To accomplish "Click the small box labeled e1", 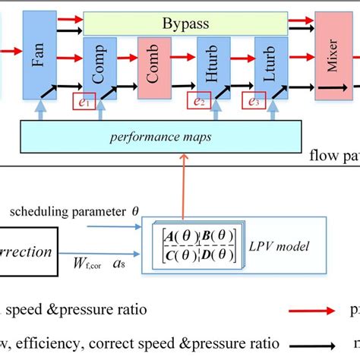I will tap(85, 99).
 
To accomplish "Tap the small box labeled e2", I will tap(200, 99).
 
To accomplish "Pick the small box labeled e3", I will tap(254, 99).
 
